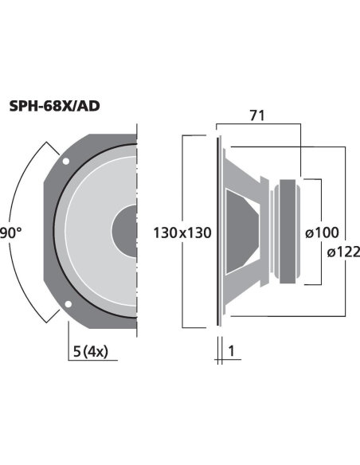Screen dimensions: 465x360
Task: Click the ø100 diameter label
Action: (323, 232)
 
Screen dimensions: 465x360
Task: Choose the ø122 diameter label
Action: (343, 252)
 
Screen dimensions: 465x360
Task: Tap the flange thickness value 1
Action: (230, 351)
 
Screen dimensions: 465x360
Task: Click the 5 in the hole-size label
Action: (74, 350)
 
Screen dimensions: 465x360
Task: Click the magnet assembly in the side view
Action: (287, 232)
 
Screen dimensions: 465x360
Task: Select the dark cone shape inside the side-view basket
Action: (243, 231)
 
